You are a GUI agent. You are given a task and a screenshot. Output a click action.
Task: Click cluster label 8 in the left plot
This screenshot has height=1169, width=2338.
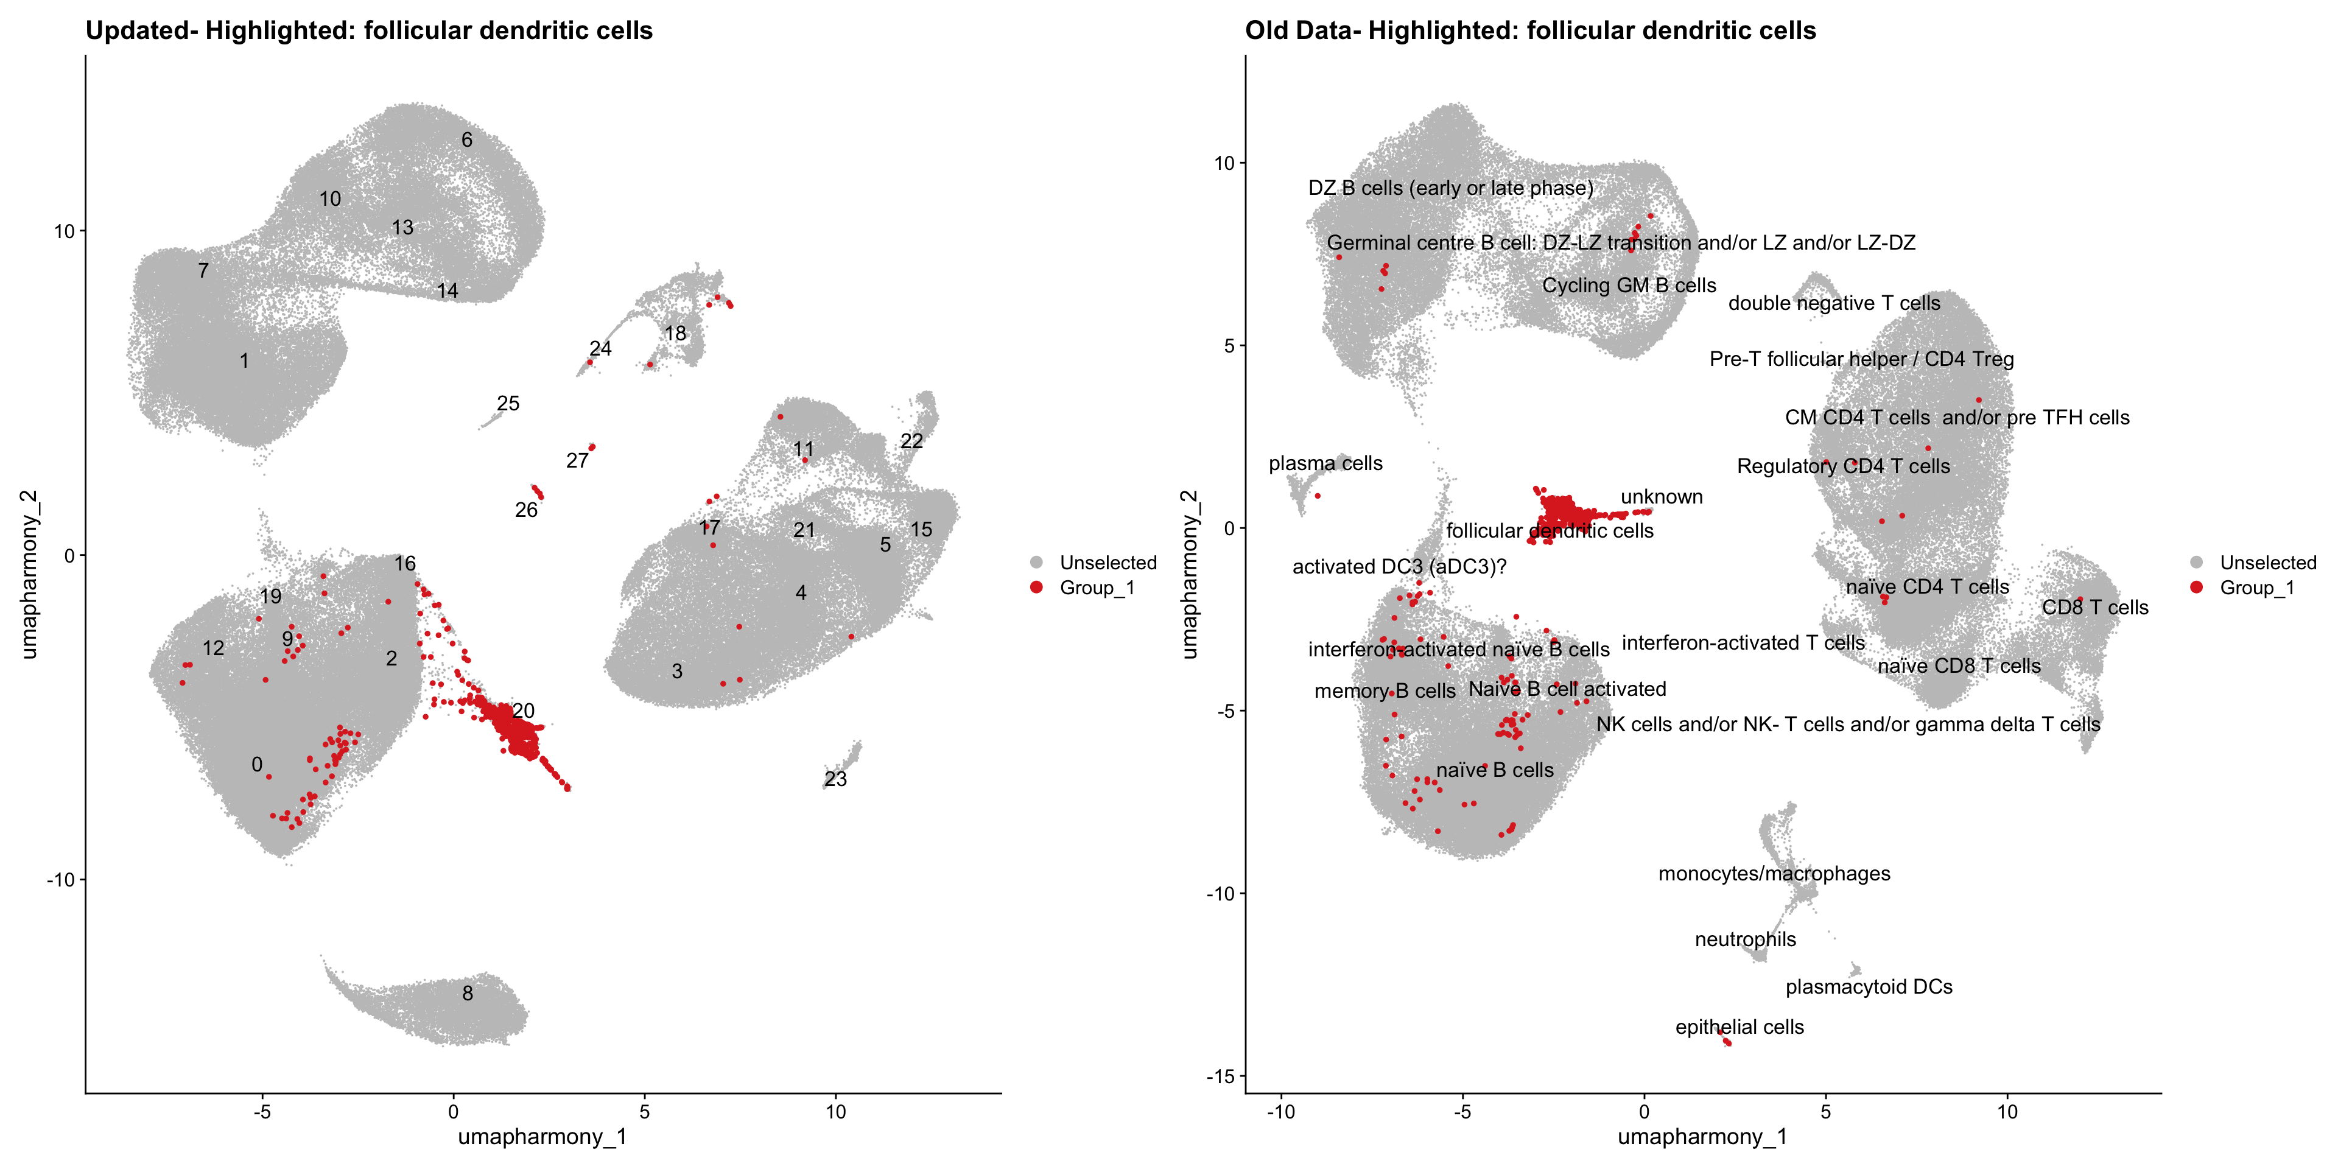point(468,993)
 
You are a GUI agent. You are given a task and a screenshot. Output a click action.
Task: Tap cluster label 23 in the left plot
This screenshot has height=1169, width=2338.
point(835,779)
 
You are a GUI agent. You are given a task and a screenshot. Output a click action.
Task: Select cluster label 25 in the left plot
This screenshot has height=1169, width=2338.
point(508,403)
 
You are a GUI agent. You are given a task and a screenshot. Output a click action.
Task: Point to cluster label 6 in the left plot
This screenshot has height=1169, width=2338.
point(466,140)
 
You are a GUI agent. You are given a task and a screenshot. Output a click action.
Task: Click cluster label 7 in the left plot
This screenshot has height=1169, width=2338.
point(203,270)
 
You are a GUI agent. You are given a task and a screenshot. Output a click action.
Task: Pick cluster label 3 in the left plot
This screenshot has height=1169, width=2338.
point(677,671)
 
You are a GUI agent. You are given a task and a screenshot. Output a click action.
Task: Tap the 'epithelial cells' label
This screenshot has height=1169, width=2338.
point(1739,1027)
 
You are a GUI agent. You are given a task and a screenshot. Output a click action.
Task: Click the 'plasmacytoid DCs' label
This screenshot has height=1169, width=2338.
point(1869,986)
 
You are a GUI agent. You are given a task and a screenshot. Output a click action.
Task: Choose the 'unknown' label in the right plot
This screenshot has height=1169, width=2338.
point(1662,496)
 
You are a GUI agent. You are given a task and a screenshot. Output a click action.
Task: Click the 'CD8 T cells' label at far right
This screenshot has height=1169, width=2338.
point(2094,607)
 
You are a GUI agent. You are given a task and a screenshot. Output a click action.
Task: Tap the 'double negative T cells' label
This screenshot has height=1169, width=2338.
point(1833,303)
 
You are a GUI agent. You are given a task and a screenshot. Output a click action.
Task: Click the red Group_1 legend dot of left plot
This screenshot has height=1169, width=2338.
point(1036,587)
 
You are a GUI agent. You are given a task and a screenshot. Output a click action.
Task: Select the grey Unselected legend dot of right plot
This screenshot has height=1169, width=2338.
point(2196,563)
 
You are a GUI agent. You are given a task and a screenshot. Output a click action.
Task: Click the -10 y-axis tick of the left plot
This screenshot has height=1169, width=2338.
point(61,879)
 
